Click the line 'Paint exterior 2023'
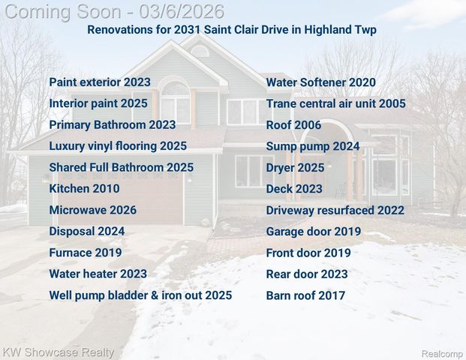(100, 82)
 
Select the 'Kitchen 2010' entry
(84, 189)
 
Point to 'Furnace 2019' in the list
(86, 253)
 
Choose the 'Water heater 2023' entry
(98, 274)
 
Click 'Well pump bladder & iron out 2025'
(140, 295)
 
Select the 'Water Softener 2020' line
(321, 82)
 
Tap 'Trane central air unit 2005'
(335, 103)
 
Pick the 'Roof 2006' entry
(293, 125)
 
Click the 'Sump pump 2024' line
(313, 146)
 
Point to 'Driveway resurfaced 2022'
(335, 210)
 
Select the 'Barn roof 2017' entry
(305, 295)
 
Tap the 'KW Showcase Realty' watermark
(59, 352)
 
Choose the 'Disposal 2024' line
(87, 231)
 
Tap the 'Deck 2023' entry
(294, 189)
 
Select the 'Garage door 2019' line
(314, 232)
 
